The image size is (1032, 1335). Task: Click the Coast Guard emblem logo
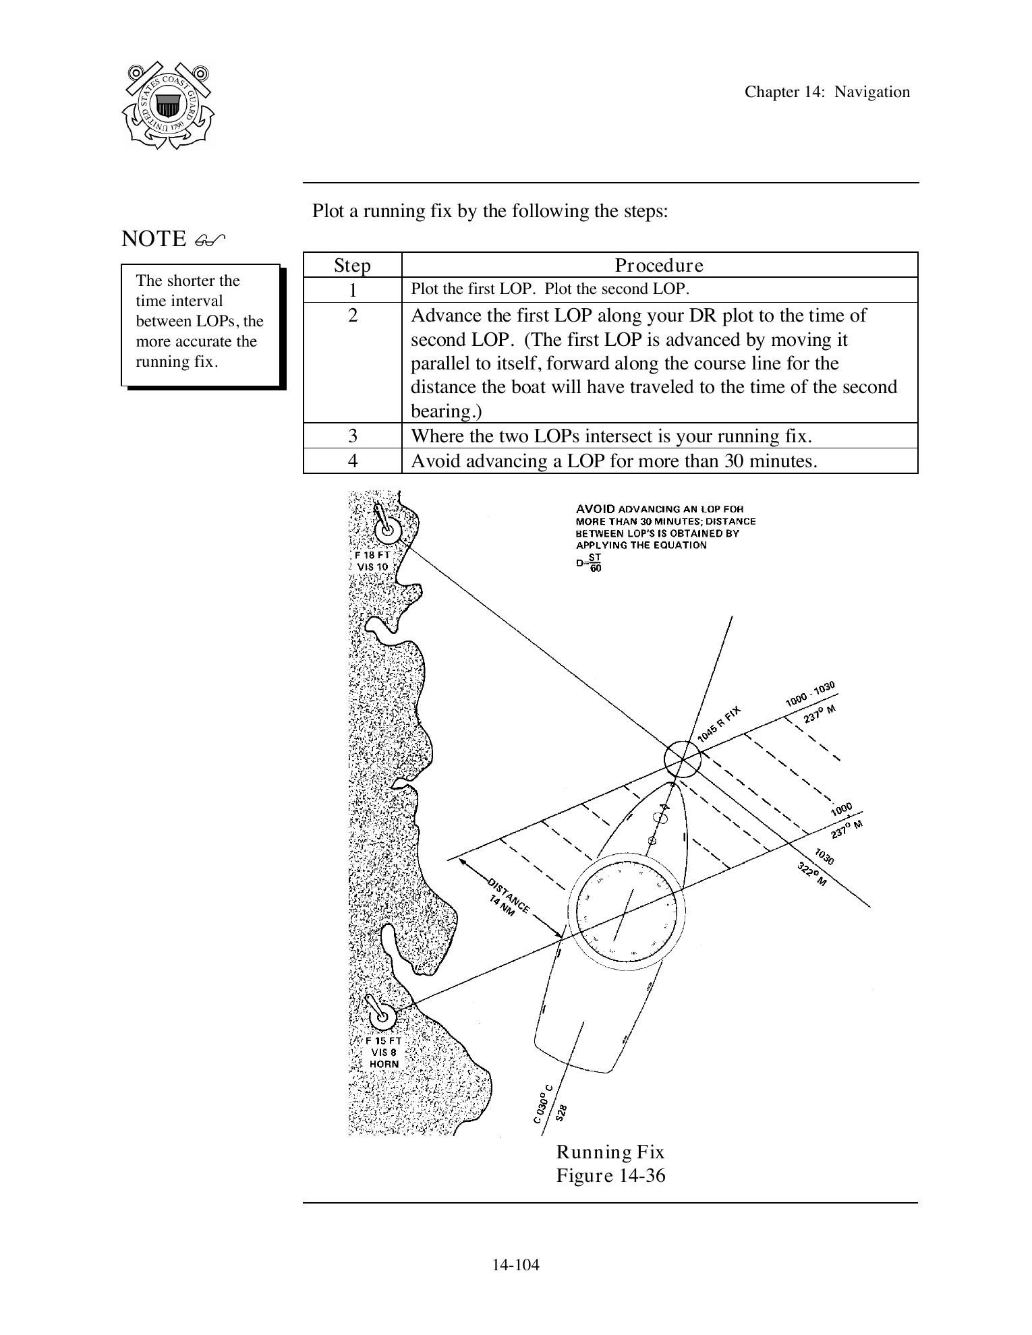pyautogui.click(x=167, y=106)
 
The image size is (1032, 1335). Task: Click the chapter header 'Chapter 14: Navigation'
pyautogui.click(x=827, y=92)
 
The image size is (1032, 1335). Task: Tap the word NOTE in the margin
pyautogui.click(x=154, y=239)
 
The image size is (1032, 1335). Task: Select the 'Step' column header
pyautogui.click(x=352, y=265)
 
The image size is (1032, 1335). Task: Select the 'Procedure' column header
pyautogui.click(x=659, y=265)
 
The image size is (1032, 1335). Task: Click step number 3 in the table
pyautogui.click(x=352, y=436)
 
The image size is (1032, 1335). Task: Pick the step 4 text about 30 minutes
pyautogui.click(x=614, y=461)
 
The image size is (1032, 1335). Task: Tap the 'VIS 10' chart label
pyautogui.click(x=372, y=567)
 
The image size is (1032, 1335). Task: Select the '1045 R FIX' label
pyautogui.click(x=719, y=723)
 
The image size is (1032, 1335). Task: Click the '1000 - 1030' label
pyautogui.click(x=810, y=694)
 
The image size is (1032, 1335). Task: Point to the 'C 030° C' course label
pyautogui.click(x=542, y=1104)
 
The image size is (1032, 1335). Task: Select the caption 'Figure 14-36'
pyautogui.click(x=610, y=1176)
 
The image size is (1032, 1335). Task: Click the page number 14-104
pyautogui.click(x=515, y=1265)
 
